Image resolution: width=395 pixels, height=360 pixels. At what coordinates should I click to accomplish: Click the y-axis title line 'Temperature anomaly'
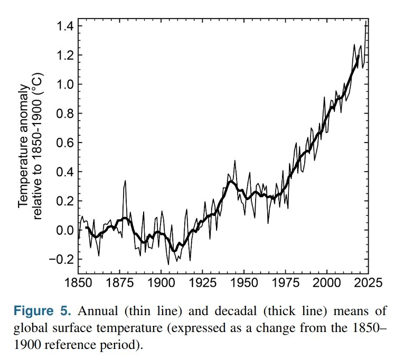click(24, 143)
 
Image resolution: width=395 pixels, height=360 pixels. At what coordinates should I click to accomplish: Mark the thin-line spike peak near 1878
click(125, 181)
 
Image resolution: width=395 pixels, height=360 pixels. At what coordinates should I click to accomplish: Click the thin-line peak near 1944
click(234, 161)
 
